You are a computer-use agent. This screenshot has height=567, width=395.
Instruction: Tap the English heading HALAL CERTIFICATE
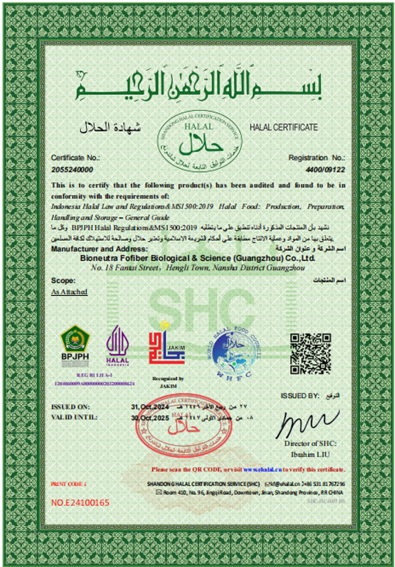coord(283,127)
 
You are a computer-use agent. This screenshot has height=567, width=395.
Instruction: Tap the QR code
coord(310,354)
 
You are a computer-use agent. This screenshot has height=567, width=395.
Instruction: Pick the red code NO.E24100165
coord(80,502)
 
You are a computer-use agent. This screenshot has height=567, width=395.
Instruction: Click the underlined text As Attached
coord(69,292)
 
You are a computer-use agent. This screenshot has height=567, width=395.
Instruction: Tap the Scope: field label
coord(63,281)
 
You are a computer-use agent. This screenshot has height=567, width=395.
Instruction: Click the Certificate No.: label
coord(76,158)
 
